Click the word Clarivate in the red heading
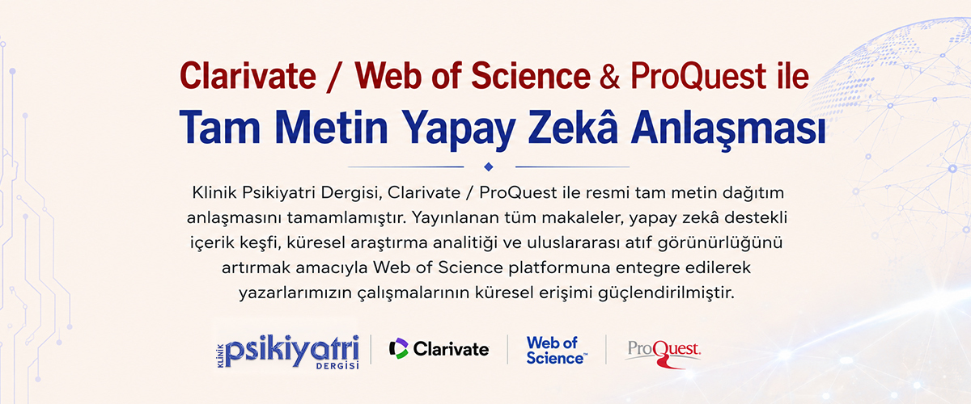(248, 76)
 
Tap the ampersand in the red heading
(610, 76)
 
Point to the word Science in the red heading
(531, 76)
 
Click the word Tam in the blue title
(220, 128)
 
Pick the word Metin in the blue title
(331, 128)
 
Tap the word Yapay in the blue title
(459, 130)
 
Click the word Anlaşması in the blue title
(728, 129)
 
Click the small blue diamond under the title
(489, 166)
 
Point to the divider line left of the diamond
(405, 166)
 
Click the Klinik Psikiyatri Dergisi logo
(288, 351)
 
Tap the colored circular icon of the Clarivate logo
(399, 348)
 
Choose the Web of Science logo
(557, 350)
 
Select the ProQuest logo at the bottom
(664, 354)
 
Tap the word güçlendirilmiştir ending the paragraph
(666, 293)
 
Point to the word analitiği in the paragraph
(465, 243)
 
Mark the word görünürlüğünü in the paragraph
(720, 243)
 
